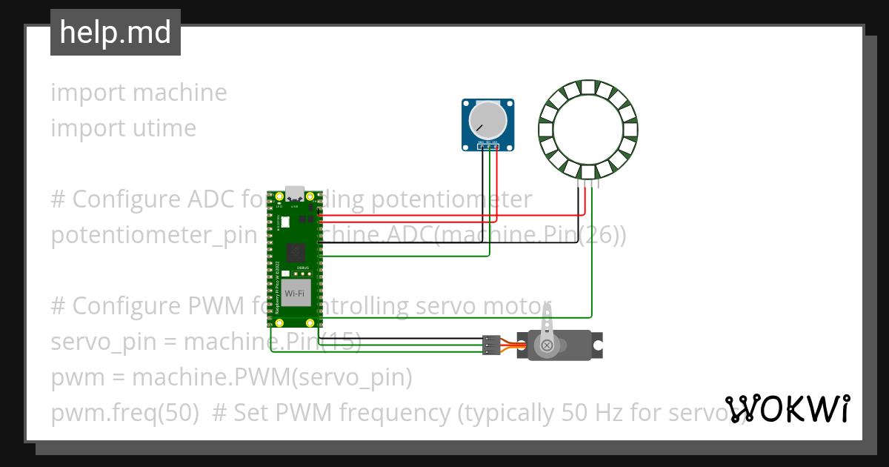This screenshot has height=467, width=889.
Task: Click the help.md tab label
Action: (116, 33)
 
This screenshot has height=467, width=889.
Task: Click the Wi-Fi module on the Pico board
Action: (294, 294)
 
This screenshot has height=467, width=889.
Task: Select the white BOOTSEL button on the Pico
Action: (286, 222)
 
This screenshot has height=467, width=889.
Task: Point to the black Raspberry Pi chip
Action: (295, 251)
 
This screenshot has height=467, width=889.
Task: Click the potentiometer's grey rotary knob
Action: (488, 119)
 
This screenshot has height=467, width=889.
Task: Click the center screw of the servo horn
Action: (547, 345)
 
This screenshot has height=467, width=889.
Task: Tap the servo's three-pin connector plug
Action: (490, 345)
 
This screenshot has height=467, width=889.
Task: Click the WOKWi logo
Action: (787, 408)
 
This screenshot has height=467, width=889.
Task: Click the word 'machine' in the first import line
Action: (180, 93)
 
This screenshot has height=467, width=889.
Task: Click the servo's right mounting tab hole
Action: (599, 345)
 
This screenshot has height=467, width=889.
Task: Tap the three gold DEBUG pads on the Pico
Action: (302, 274)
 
